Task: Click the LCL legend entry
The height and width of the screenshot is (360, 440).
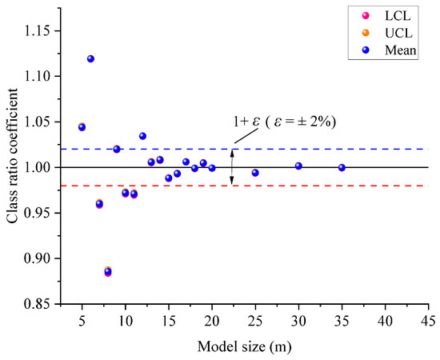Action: (390, 16)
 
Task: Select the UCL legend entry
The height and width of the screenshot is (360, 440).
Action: (390, 32)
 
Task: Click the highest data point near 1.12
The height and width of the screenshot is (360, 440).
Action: (90, 59)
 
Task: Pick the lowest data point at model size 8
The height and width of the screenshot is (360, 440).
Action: (108, 272)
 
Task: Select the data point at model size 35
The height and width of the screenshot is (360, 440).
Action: (342, 168)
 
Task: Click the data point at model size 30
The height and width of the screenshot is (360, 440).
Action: (298, 166)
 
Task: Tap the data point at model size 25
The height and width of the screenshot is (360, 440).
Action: (255, 173)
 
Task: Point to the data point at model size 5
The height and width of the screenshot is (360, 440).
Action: (82, 127)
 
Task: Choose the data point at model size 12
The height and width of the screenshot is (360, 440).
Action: (142, 136)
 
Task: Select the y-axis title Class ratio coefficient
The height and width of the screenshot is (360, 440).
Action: (13, 166)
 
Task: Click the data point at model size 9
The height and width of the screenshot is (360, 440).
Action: (117, 149)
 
